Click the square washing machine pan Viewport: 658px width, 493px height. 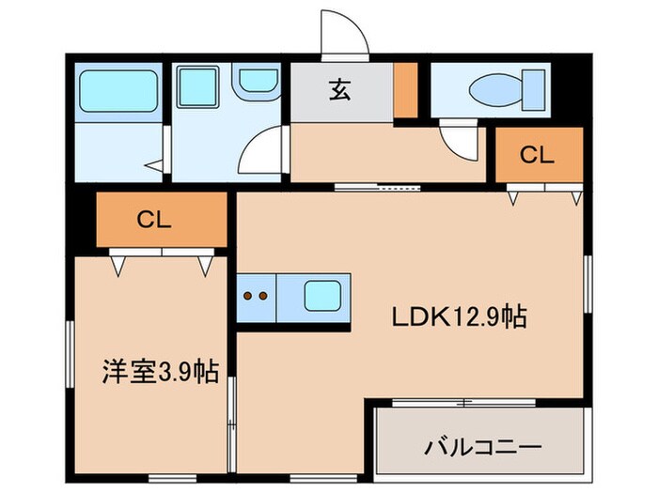(x=197, y=89)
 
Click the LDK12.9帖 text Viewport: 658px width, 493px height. (x=458, y=317)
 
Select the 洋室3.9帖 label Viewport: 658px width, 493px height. (x=160, y=373)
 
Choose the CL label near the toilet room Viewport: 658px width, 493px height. (x=538, y=156)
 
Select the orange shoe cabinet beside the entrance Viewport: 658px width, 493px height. (x=405, y=90)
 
